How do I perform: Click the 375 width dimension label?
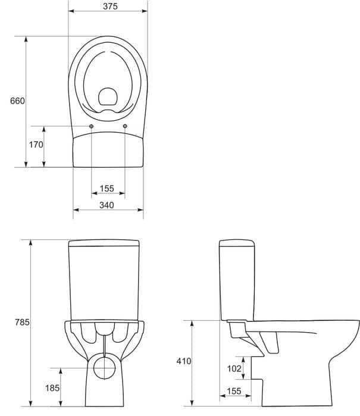click(x=110, y=6)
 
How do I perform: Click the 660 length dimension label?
click(x=17, y=101)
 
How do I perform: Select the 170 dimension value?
click(x=36, y=145)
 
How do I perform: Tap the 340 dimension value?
click(x=107, y=205)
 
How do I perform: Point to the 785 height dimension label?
click(x=22, y=322)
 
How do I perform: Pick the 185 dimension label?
click(x=52, y=388)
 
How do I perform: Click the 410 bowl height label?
click(x=184, y=361)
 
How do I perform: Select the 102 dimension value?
click(x=234, y=368)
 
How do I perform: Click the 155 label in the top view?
click(x=107, y=189)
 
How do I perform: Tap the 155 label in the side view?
click(x=234, y=391)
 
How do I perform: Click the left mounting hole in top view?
click(x=91, y=126)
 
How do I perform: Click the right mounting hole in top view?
click(x=125, y=126)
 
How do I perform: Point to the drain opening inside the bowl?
click(x=108, y=96)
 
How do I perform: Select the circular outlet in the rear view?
click(x=105, y=368)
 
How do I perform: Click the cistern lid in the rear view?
click(x=104, y=243)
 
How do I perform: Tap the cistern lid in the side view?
click(x=237, y=243)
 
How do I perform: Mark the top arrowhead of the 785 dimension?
click(x=31, y=243)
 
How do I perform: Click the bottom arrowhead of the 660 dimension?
click(x=26, y=164)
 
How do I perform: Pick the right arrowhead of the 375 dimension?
click(x=145, y=11)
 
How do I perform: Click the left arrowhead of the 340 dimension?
click(x=76, y=210)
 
